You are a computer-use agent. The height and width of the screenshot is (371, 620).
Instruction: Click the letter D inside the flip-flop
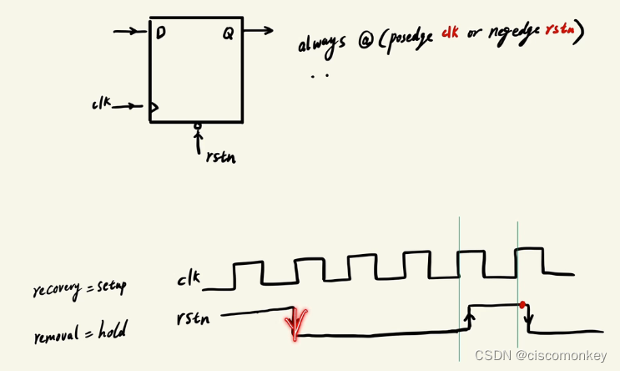point(159,33)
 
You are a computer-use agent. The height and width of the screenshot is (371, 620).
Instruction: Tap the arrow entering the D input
point(129,32)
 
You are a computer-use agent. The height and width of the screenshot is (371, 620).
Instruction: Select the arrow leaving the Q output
point(259,32)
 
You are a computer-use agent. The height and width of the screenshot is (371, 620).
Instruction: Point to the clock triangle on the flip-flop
point(154,107)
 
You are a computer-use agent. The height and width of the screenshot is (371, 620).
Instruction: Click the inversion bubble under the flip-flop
point(198,126)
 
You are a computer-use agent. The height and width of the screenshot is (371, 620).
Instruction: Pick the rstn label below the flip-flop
point(219,155)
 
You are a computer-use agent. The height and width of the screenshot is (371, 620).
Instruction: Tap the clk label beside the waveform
point(189,279)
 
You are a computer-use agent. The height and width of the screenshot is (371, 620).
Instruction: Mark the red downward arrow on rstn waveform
point(295,323)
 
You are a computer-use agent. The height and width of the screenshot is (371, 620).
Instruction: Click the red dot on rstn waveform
point(522,304)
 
